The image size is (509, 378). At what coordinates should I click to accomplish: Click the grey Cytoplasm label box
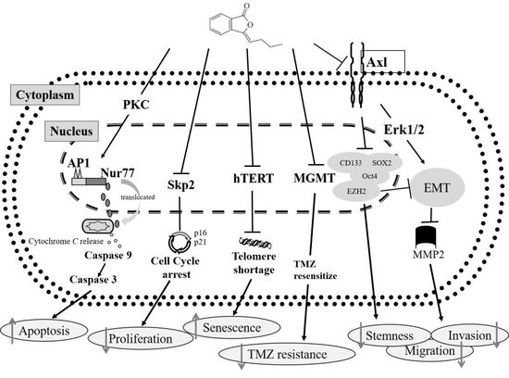[45, 94]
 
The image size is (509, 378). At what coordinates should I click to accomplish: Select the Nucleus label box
[71, 132]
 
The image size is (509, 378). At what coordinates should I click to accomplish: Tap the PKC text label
[136, 105]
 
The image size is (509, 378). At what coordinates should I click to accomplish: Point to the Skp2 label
[180, 184]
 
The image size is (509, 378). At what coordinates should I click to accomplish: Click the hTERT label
[254, 178]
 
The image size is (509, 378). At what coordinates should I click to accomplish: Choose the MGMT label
[314, 178]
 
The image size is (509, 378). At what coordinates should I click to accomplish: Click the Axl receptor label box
[383, 61]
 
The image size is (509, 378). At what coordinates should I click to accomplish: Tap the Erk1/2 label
[403, 130]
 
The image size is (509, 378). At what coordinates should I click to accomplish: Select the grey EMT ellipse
[437, 187]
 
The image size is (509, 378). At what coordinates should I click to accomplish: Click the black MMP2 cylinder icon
[429, 238]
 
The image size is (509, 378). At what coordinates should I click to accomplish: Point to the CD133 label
[350, 162]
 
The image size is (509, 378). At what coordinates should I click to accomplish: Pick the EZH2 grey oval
[356, 191]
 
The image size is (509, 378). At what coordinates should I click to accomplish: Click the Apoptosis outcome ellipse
[44, 331]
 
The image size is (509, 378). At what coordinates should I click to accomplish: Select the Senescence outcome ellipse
[231, 328]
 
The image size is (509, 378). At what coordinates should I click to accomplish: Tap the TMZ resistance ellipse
[287, 354]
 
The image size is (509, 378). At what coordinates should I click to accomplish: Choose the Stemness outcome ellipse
[390, 335]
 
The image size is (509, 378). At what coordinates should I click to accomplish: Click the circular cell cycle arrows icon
[179, 242]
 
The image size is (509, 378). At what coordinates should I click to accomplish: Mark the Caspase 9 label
[108, 255]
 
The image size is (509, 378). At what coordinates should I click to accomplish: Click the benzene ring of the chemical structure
[221, 23]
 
